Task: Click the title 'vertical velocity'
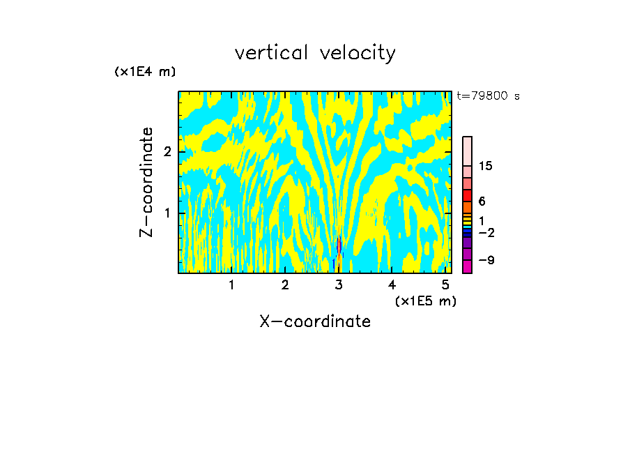point(315,53)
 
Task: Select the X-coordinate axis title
point(315,321)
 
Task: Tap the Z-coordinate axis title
point(146,182)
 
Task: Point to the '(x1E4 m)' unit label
point(145,72)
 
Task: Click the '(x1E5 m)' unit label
point(425,301)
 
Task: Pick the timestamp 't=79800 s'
point(488,96)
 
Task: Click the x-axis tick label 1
point(231,285)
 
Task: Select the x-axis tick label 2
point(285,285)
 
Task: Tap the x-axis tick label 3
point(339,285)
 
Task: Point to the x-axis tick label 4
point(392,285)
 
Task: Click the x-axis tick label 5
point(445,285)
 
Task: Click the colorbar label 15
point(486,167)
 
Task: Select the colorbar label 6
point(482,202)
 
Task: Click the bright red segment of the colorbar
point(468,195)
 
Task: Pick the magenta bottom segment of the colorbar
point(468,266)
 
